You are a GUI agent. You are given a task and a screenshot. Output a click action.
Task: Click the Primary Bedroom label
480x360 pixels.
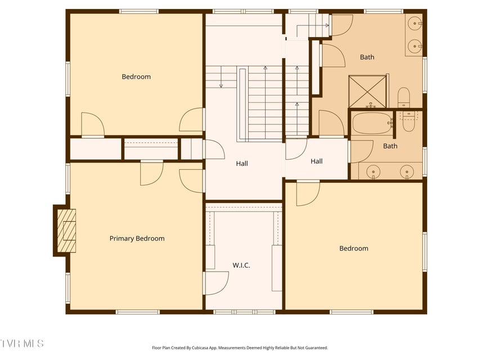point(137,238)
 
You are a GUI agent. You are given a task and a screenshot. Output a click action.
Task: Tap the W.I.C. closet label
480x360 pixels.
point(241,265)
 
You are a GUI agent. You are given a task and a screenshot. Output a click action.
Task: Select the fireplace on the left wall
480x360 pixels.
point(65,231)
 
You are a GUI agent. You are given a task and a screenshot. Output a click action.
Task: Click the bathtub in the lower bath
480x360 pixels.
point(371,123)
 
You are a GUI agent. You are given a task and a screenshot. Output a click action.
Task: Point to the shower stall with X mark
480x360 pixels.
point(368,91)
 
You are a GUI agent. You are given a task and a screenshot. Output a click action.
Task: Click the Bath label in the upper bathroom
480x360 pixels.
point(367,57)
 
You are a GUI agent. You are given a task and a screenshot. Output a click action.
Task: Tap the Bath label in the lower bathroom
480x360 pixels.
point(390,146)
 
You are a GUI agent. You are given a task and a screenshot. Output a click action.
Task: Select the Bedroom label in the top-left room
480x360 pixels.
point(136,76)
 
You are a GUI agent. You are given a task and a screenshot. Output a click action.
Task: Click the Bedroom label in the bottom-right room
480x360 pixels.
point(353,248)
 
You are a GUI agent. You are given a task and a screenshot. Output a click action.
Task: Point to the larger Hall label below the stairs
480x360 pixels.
point(242,164)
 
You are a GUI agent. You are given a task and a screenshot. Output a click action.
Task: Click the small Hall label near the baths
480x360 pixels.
point(317,161)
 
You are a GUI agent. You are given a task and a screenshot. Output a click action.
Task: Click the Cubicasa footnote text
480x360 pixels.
point(240,348)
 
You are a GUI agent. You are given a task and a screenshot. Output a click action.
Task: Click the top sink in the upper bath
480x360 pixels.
point(415,24)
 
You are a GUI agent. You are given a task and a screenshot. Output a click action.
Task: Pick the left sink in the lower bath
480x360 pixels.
point(373,171)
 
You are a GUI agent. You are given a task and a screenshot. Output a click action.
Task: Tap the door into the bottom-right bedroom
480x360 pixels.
point(307,192)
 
